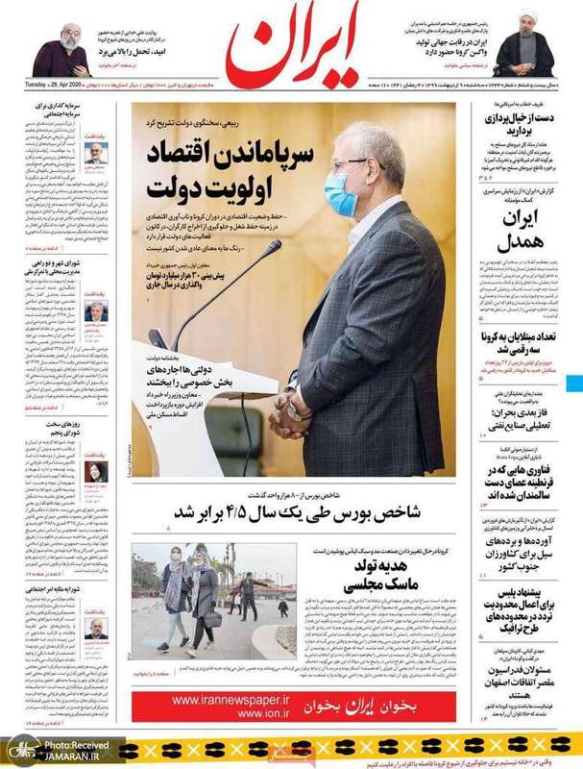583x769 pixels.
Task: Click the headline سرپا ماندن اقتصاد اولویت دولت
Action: (235, 166)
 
